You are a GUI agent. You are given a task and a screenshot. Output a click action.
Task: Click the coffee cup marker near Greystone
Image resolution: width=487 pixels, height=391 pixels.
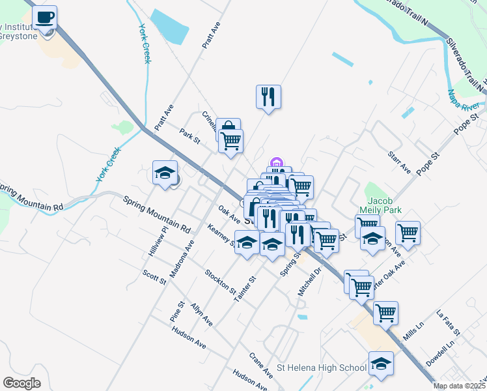click(x=45, y=18)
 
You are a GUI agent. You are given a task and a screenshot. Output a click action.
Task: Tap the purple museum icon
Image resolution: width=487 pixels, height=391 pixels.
click(x=276, y=162)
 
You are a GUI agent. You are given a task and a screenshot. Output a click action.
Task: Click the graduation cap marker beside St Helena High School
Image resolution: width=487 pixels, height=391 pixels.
click(x=381, y=364)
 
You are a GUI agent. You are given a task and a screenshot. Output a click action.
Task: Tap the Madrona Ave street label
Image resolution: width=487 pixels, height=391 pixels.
click(x=182, y=259)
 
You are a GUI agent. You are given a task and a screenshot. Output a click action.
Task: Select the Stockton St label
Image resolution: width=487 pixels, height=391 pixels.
click(x=220, y=281)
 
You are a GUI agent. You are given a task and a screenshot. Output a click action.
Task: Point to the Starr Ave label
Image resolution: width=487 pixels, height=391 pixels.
click(x=398, y=163)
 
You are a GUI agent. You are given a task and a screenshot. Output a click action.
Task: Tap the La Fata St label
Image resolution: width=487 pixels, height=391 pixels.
click(x=449, y=323)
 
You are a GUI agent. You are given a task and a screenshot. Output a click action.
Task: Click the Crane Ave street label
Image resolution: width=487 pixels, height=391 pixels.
click(x=261, y=366)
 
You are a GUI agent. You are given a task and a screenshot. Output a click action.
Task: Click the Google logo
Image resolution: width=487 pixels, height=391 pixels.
click(x=21, y=383)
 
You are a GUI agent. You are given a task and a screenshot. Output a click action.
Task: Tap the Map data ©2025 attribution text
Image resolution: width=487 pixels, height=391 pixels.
click(x=460, y=386)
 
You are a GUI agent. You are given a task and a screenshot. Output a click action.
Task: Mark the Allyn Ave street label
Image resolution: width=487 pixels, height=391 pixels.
click(x=201, y=314)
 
